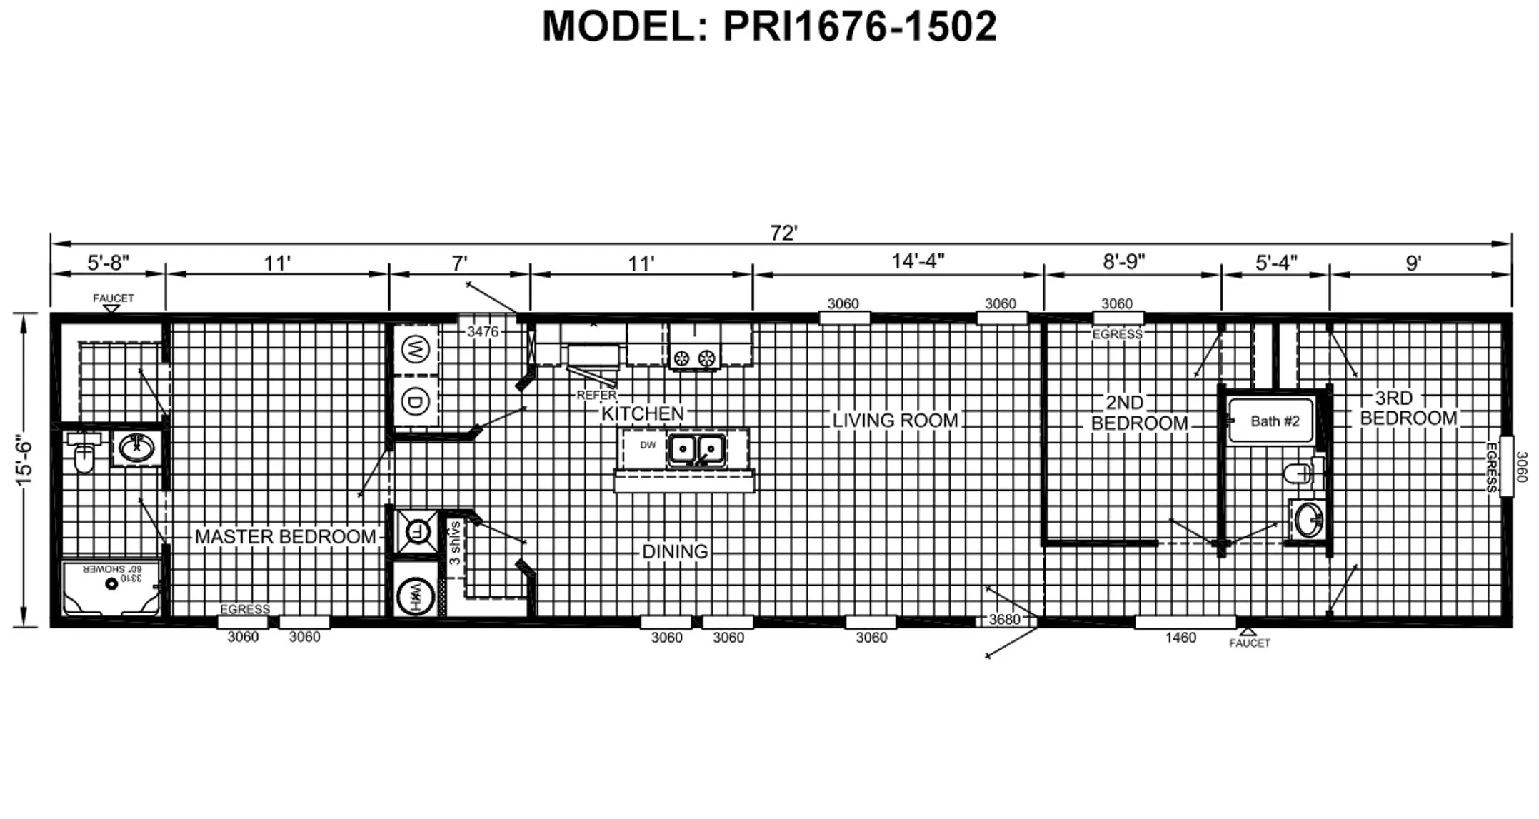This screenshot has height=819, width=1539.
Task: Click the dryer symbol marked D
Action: click(414, 402)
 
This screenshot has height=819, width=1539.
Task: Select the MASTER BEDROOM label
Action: click(285, 536)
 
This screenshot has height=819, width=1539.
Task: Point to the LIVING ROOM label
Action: click(895, 421)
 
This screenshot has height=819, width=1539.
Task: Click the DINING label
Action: click(675, 551)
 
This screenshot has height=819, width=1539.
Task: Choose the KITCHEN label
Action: click(642, 413)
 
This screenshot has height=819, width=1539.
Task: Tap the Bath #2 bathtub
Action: click(1270, 421)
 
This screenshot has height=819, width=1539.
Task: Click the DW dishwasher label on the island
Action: click(647, 446)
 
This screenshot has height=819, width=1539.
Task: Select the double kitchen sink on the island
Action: click(696, 450)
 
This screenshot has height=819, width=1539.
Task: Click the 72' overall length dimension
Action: click(783, 233)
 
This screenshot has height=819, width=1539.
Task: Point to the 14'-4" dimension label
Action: click(918, 261)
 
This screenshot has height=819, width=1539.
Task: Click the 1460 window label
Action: click(1180, 638)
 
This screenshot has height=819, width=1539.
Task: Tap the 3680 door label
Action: click(1003, 620)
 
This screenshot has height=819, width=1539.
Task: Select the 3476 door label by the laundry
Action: click(483, 331)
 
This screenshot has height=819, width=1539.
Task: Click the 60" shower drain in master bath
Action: click(111, 584)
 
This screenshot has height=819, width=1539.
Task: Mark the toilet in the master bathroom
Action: click(84, 455)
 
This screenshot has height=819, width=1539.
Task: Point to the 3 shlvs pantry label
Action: click(454, 544)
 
